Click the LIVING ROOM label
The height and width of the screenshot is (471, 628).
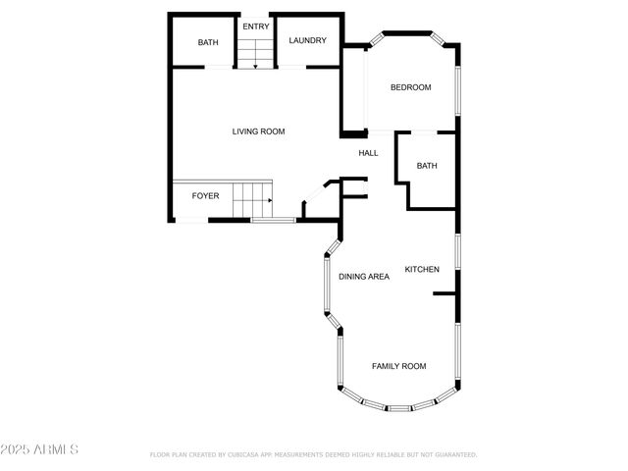[x=258, y=131]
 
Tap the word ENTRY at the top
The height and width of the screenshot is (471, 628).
[x=256, y=26]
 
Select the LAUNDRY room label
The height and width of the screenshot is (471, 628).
[x=307, y=41]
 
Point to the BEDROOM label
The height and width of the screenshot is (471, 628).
[x=410, y=88]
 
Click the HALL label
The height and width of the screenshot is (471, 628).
[x=368, y=153]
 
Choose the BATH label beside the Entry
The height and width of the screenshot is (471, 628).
[x=208, y=42]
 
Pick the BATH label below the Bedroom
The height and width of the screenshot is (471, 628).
[x=427, y=166]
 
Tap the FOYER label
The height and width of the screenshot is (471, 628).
[x=205, y=196]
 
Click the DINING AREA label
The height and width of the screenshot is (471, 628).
[x=364, y=277]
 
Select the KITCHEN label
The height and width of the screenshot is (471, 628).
[x=422, y=270]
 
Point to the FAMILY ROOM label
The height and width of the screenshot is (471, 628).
[x=398, y=366]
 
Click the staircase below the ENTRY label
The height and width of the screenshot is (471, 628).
[x=255, y=52]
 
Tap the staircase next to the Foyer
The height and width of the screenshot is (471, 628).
[x=252, y=200]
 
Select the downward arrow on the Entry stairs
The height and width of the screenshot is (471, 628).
[x=255, y=64]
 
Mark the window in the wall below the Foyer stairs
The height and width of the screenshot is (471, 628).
[x=273, y=220]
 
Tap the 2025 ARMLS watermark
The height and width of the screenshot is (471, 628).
[x=39, y=449]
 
